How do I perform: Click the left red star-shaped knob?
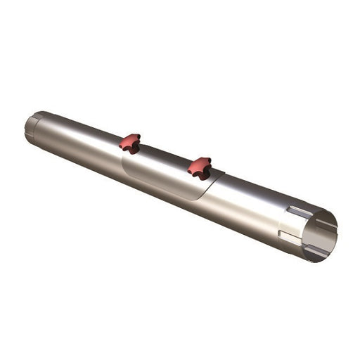[x=129, y=143]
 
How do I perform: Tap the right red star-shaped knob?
[x=200, y=167]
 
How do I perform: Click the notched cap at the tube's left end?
[x=32, y=126]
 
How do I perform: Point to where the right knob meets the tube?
[x=200, y=174]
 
